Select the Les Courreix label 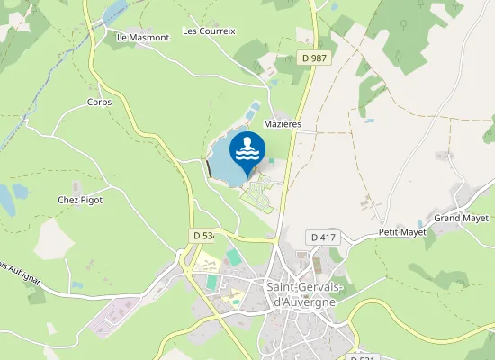pyautogui.click(x=209, y=31)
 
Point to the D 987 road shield pyautogui.click(x=313, y=58)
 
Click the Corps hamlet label pyautogui.click(x=99, y=103)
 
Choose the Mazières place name pyautogui.click(x=282, y=123)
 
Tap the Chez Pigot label pyautogui.click(x=80, y=200)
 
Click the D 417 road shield pyautogui.click(x=322, y=238)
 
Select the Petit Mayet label pyautogui.click(x=400, y=232)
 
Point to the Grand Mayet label pyautogui.click(x=460, y=219)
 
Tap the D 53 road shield pyautogui.click(x=202, y=235)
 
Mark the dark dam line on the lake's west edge pyautogui.click(x=209, y=169)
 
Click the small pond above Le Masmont pyautogui.click(x=114, y=11)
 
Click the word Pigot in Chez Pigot pyautogui.click(x=91, y=200)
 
